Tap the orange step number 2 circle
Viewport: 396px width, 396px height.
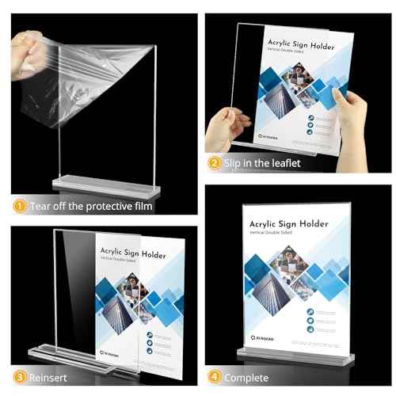(x=214, y=164)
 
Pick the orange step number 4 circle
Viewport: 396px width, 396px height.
(x=214, y=377)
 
